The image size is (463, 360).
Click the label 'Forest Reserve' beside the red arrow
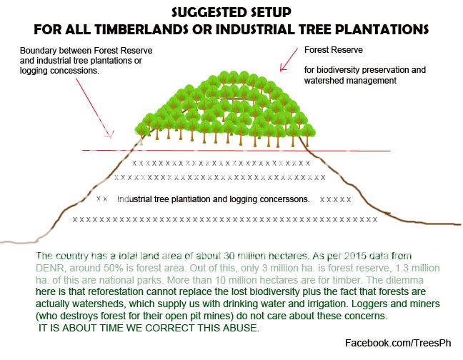(334, 51)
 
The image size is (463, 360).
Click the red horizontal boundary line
(343, 151)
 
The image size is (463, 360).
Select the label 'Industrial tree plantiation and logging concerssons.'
(213, 199)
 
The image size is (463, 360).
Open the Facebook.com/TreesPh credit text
(402, 344)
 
